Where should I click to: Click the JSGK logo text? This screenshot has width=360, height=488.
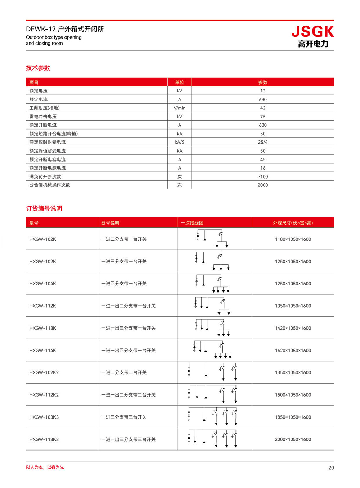312,32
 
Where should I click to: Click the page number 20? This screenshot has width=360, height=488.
331,467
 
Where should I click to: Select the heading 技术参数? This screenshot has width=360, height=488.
38,68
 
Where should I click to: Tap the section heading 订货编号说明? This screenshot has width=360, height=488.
44,208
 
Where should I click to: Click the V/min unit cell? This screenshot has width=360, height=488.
179,108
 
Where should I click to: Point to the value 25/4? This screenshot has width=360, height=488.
263,142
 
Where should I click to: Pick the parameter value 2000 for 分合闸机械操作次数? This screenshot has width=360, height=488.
263,185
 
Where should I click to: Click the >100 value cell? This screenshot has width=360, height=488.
263,176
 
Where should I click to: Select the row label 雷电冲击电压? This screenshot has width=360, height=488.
43,117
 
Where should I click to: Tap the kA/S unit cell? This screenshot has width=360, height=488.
179,142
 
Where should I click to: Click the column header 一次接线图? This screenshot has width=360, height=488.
192,223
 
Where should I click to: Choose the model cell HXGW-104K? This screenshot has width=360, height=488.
42,284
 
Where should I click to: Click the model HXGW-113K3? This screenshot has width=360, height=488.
44,439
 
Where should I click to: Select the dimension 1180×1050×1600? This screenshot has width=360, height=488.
293,239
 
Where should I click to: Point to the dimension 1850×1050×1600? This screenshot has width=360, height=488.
293,417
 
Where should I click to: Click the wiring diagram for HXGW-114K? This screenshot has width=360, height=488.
212,350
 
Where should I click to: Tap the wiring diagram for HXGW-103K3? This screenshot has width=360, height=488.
212,417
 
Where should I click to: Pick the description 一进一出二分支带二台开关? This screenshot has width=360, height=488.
128,395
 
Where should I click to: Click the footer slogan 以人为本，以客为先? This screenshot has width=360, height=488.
45,467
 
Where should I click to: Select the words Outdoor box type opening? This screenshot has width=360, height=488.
54,37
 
